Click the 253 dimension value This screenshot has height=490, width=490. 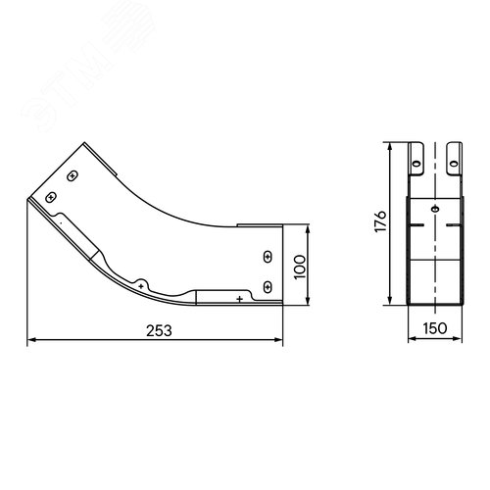(x=159, y=330)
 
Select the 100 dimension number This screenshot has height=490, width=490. (x=300, y=267)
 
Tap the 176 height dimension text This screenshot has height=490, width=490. (x=380, y=221)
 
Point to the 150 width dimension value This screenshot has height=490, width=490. (x=435, y=328)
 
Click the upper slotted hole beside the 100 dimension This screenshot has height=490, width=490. (x=268, y=257)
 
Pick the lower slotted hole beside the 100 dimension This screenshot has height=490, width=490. (x=268, y=287)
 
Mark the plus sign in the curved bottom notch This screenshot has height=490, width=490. (x=141, y=286)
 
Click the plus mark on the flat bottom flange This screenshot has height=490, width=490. (x=240, y=299)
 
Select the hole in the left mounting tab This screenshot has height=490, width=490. (x=416, y=164)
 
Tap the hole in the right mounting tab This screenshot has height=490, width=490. (x=454, y=164)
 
